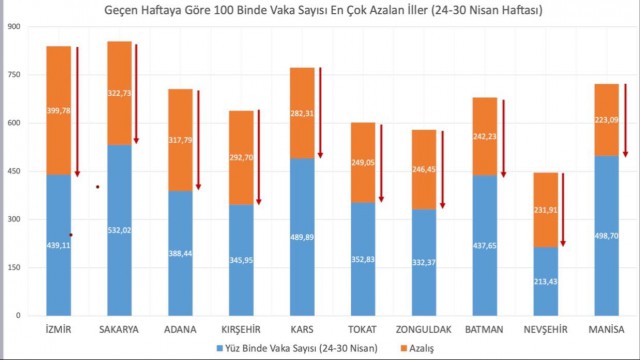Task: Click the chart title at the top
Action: [x=320, y=10]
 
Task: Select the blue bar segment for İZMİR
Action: [x=58, y=260]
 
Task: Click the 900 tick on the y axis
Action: [x=15, y=26]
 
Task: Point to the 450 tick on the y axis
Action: [x=15, y=171]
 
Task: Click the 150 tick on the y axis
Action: [x=15, y=267]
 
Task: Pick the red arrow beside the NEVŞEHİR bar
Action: [x=564, y=209]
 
